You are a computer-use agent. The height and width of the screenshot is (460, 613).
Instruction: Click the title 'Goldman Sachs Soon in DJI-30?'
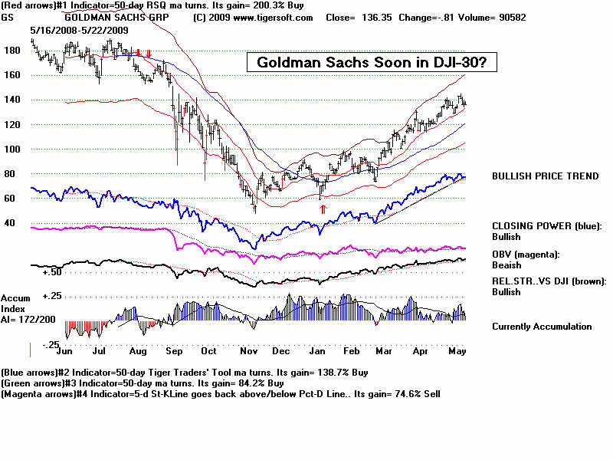[372, 63]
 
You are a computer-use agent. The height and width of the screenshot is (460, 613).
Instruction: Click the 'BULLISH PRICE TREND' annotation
[546, 176]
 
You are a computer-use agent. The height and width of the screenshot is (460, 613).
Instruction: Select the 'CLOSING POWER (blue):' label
[547, 226]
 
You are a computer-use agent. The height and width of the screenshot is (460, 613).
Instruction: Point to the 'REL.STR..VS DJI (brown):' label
[549, 281]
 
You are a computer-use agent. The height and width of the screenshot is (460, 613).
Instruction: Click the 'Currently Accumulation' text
[542, 327]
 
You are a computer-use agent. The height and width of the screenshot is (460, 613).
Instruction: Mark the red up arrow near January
[323, 208]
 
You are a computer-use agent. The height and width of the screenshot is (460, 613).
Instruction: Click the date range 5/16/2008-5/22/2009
[79, 29]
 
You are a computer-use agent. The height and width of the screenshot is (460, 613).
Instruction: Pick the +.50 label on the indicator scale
[52, 272]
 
